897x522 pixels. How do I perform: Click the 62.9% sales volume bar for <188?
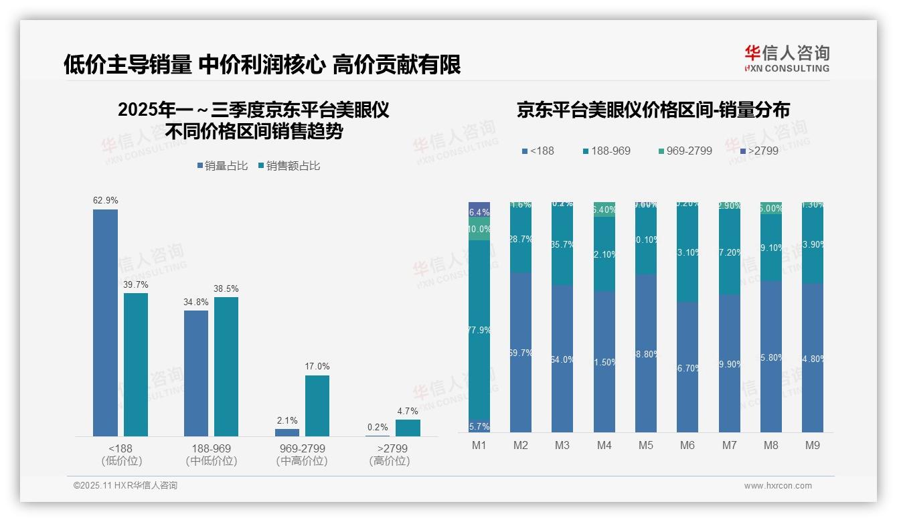click(105, 323)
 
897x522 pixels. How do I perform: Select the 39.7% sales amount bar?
click(136, 365)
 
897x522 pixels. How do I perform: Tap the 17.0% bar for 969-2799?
click(317, 406)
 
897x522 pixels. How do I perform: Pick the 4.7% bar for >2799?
click(408, 428)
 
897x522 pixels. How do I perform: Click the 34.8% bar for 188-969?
click(196, 373)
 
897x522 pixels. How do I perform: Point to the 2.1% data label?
click(287, 421)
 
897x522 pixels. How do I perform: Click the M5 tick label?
click(646, 445)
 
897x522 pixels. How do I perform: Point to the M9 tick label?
click(812, 445)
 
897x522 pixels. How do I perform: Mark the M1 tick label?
click(479, 445)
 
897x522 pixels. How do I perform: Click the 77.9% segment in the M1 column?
click(479, 330)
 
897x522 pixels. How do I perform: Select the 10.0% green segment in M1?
click(479, 229)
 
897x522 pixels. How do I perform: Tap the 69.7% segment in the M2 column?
click(521, 352)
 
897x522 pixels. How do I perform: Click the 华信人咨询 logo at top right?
click(787, 58)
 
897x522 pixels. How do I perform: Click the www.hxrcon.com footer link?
click(778, 486)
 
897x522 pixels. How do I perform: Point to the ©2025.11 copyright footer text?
click(125, 486)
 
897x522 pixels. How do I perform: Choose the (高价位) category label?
click(389, 461)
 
